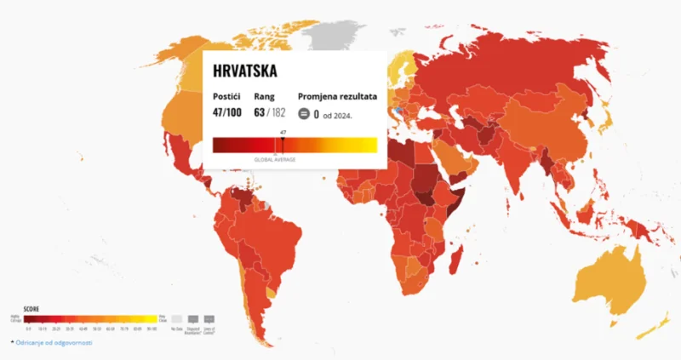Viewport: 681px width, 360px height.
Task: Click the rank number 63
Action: (260, 112)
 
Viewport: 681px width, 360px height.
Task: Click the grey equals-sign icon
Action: (304, 113)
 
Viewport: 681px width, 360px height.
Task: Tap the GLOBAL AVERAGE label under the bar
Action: (275, 160)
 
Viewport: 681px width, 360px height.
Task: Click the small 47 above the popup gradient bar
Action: (282, 133)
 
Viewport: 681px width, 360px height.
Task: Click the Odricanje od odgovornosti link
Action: (52, 343)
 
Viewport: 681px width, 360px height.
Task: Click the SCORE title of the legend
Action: (31, 308)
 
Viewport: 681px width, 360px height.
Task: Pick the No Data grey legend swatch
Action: (176, 319)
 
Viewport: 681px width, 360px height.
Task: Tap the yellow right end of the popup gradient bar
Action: (370, 146)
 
